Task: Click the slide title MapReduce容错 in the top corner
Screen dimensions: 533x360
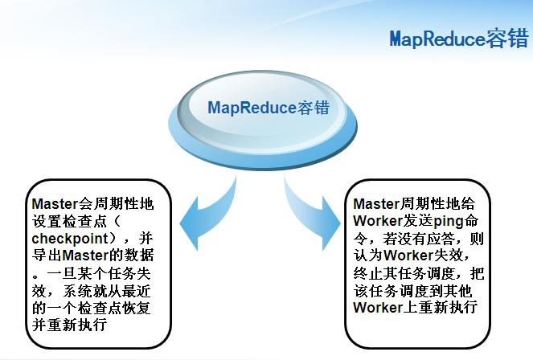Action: pyautogui.click(x=459, y=38)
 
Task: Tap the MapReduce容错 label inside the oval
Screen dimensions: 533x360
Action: pyautogui.click(x=269, y=108)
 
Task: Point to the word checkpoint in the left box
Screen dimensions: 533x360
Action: pyautogui.click(x=70, y=239)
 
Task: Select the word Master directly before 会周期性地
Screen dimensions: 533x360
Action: pyautogui.click(x=55, y=204)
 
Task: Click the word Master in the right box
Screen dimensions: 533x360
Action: pyautogui.click(x=376, y=204)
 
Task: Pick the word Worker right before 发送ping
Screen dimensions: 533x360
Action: pyautogui.click(x=378, y=221)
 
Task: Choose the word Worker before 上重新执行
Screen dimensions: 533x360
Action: pyautogui.click(x=378, y=307)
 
